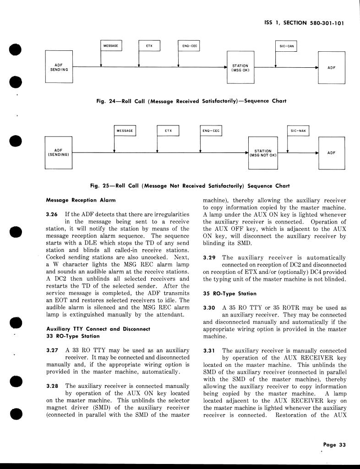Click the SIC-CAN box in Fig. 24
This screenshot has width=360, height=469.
287,46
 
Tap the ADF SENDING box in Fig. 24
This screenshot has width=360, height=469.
59,67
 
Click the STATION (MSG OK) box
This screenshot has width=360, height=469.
240,67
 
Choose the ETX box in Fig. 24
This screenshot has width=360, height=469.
149,46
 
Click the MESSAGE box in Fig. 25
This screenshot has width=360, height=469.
125,131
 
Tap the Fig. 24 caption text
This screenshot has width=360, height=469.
191,101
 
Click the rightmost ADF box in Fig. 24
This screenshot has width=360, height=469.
331,67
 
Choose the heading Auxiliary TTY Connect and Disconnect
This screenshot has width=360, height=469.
98,329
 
